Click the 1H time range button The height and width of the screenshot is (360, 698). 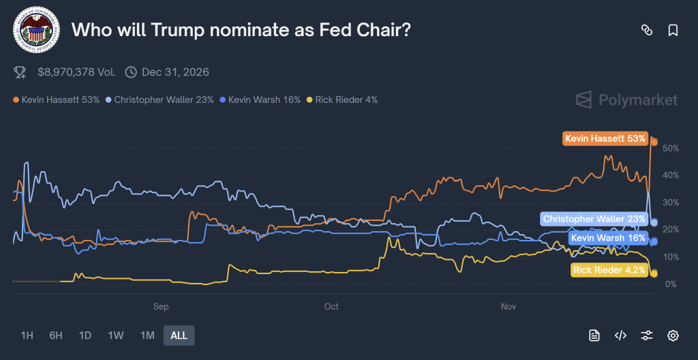[27, 335]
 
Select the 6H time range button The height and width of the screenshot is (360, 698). [56, 335]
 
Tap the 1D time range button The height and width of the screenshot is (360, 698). [85, 335]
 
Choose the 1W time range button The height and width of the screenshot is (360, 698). [116, 335]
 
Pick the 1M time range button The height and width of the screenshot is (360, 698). [147, 335]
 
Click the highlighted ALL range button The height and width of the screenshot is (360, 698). [179, 335]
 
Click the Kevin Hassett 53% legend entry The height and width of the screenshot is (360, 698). [57, 100]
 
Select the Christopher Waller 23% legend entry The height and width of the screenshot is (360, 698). [160, 100]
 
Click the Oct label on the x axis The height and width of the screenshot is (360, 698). [331, 307]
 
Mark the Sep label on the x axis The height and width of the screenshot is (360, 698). [161, 307]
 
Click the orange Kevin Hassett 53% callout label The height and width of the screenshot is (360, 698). [605, 138]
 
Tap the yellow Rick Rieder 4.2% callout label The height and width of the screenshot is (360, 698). [609, 270]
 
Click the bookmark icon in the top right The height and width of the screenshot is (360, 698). [673, 30]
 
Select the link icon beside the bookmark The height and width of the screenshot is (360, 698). [646, 30]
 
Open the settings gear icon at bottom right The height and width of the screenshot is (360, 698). [673, 335]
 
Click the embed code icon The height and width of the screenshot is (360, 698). [620, 335]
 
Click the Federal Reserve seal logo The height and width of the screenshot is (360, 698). [36, 30]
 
